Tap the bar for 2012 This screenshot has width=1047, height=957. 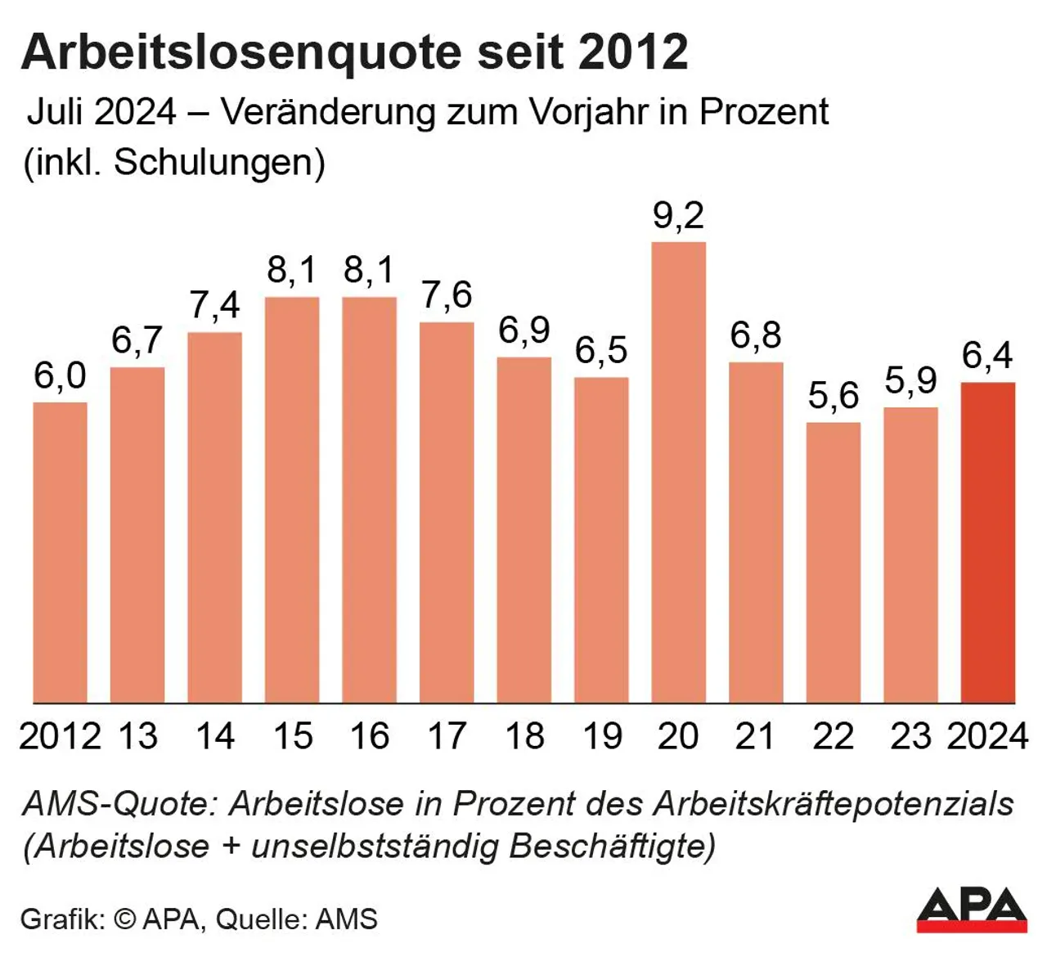click(x=60, y=552)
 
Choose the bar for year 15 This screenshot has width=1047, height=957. click(x=292, y=499)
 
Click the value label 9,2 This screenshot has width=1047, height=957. click(x=678, y=215)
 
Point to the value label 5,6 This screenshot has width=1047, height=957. click(x=833, y=397)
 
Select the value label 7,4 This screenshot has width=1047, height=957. click(x=215, y=306)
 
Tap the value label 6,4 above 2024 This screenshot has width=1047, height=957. click(x=987, y=356)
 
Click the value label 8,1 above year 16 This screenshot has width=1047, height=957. click(x=369, y=270)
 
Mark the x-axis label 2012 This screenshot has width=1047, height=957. click(x=60, y=736)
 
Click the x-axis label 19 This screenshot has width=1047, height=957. click(x=601, y=736)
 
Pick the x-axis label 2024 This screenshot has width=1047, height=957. click(x=987, y=736)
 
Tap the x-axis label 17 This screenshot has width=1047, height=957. click(x=447, y=736)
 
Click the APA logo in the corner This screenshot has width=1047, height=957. click(x=971, y=909)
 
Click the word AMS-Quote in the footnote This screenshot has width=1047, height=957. click(x=119, y=804)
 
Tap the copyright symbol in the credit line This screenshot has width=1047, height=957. click(x=124, y=919)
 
